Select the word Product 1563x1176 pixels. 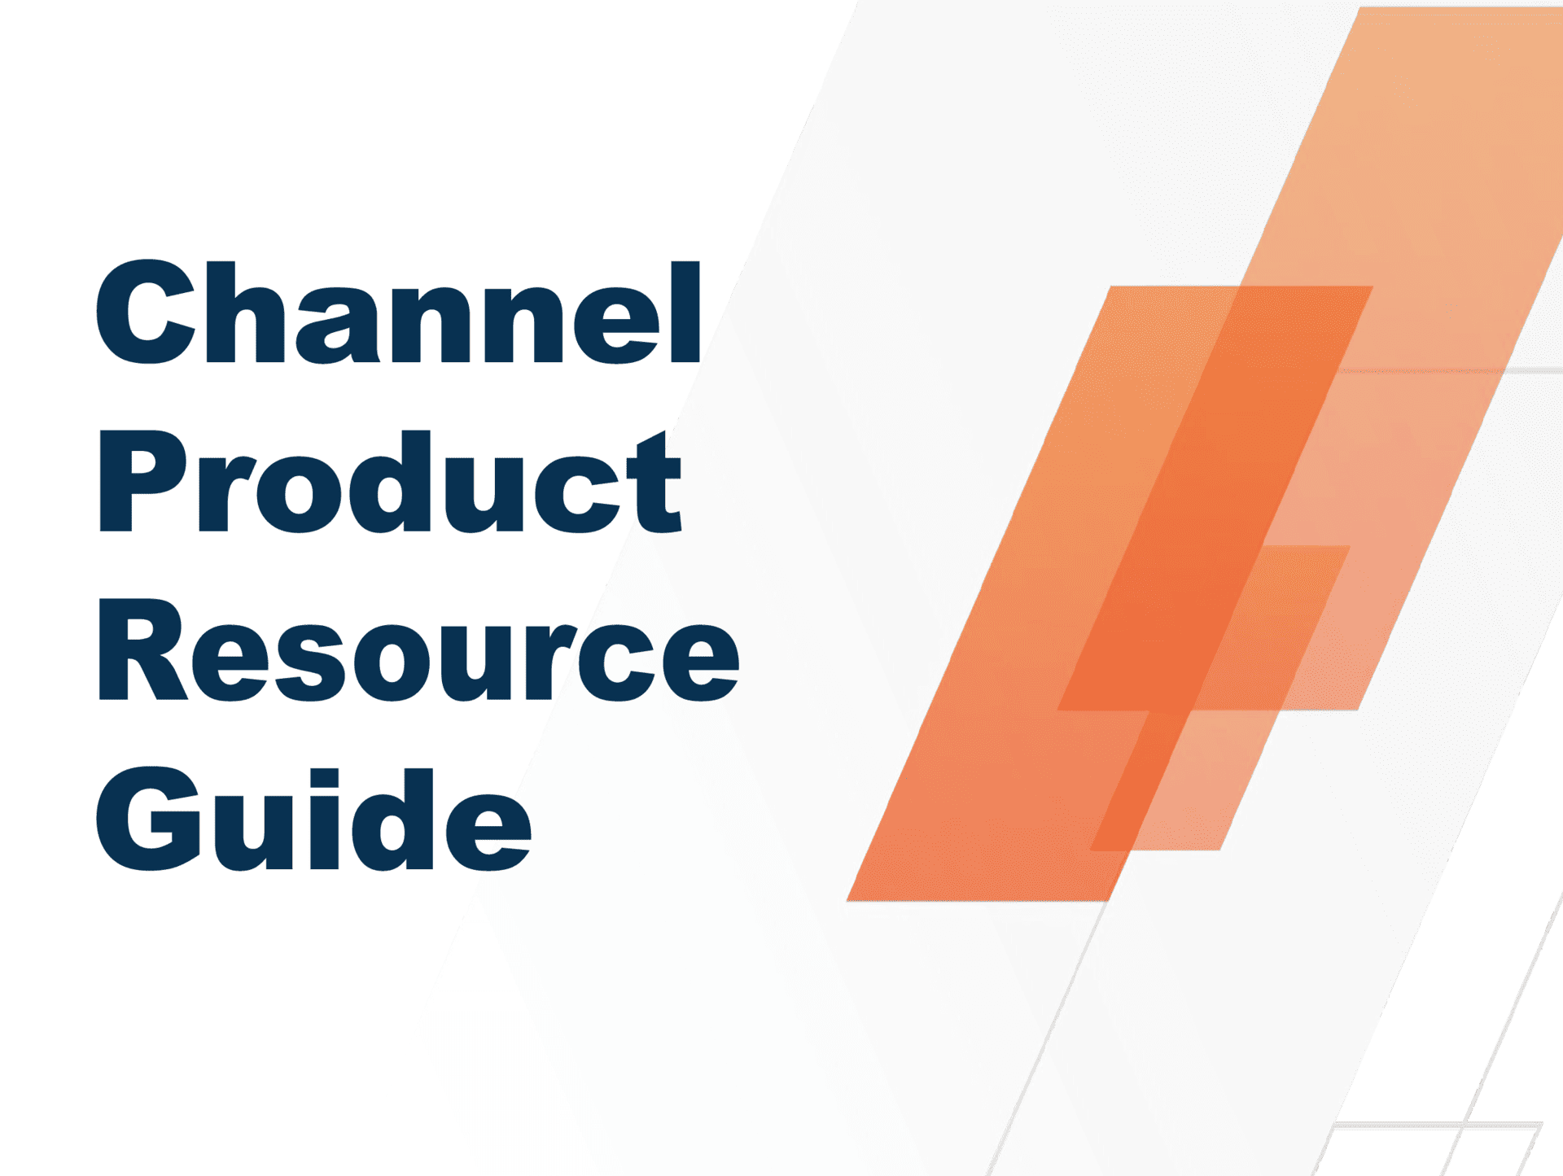point(389,482)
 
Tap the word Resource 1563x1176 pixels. point(417,651)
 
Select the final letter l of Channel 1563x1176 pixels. point(685,313)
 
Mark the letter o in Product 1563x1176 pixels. point(299,492)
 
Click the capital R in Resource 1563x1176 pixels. point(140,651)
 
